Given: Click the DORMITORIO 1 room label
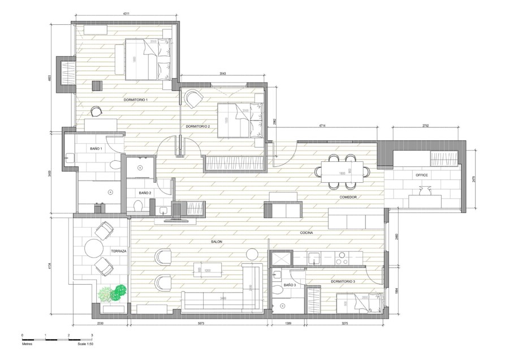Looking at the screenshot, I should tap(136, 100).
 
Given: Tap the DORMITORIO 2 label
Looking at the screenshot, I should tap(198, 126).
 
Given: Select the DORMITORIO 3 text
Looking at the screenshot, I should tap(343, 281).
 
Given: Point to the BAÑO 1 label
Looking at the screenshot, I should tap(96, 148).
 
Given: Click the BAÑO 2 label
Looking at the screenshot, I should tap(144, 192).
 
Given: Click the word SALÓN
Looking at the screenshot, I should tap(217, 242).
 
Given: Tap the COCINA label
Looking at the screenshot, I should tap(308, 233).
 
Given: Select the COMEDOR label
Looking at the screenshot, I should tap(347, 197).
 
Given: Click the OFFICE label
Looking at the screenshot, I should tap(422, 175).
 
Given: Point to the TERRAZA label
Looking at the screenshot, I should tap(118, 250).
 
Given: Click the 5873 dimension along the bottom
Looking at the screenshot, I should tap(197, 323).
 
